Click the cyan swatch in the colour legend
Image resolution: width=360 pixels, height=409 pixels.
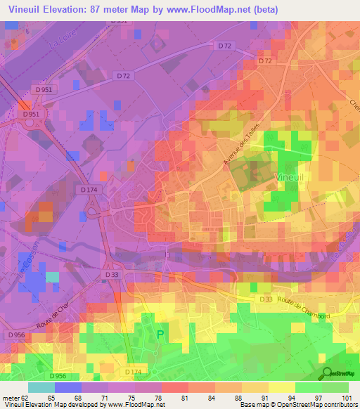click(41, 387)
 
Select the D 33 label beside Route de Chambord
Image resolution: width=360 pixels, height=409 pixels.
click(265, 300)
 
